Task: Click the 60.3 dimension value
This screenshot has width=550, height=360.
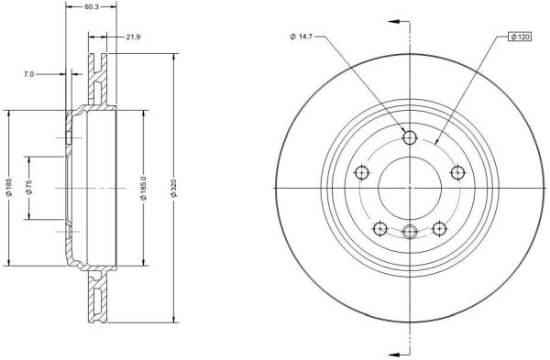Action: [92, 6]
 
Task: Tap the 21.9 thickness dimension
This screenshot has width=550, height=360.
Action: [133, 37]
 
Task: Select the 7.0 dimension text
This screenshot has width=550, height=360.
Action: [28, 74]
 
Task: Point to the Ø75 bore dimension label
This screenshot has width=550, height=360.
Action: [29, 188]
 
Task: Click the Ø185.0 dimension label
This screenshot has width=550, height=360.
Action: [144, 188]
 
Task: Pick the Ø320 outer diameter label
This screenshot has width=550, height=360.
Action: [174, 188]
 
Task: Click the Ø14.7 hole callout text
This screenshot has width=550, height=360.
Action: [302, 37]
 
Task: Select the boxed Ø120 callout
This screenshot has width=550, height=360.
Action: [520, 37]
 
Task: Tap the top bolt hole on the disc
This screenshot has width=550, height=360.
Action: [410, 137]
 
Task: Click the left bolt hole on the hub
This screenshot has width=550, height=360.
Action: [362, 172]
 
